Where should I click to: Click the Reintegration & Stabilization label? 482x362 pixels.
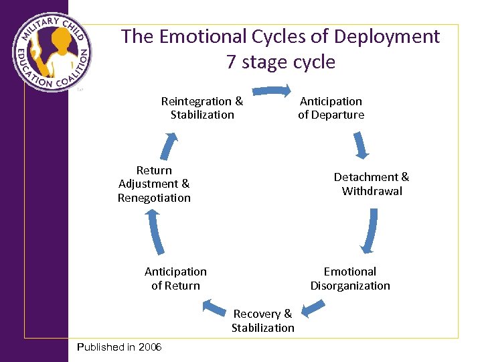(x=202, y=108)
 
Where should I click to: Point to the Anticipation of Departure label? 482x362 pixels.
(x=331, y=108)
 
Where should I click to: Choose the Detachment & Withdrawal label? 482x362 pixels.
(x=372, y=184)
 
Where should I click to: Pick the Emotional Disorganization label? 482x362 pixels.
(x=350, y=278)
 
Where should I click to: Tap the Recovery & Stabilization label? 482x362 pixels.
(x=263, y=320)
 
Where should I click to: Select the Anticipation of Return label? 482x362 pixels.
(x=175, y=278)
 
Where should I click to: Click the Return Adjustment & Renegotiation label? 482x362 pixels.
(x=154, y=184)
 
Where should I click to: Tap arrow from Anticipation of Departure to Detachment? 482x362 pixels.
(x=360, y=145)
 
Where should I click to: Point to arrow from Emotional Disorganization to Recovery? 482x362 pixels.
(x=313, y=308)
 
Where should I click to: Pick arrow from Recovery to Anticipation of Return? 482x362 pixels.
(x=214, y=308)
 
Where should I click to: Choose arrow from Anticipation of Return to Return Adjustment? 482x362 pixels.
(x=155, y=233)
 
